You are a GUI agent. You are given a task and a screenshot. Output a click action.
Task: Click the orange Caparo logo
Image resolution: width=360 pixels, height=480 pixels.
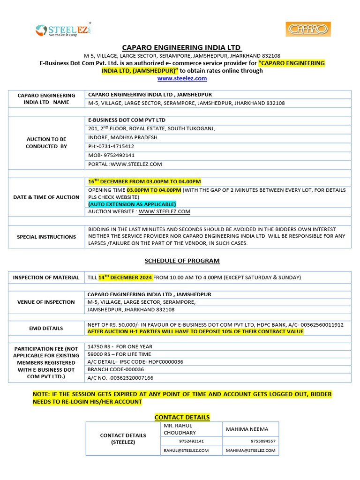[x=308, y=29]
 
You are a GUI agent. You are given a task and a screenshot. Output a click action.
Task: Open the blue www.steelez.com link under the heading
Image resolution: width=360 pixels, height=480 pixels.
[x=182, y=78]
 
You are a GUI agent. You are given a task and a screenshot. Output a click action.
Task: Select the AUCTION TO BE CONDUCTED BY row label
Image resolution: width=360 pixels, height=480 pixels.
[x=46, y=142]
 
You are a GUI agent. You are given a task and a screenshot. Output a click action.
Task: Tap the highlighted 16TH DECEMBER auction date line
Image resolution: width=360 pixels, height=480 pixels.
[x=144, y=181]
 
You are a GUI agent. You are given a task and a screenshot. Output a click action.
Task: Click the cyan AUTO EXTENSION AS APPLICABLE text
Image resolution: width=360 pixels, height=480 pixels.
[x=132, y=204]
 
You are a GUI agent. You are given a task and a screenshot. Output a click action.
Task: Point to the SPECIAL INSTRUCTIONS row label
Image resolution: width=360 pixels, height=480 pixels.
[x=46, y=237]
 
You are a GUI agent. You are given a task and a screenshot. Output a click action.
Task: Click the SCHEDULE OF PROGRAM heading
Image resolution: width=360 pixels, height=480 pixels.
[x=182, y=261]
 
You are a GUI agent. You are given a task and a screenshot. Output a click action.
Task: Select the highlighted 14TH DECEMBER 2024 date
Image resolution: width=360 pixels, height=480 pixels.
[x=125, y=277]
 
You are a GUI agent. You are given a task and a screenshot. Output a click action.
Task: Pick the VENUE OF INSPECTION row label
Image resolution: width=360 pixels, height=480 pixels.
[x=46, y=302]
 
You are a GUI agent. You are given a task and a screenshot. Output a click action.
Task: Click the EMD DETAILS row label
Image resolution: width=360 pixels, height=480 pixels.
[x=46, y=328]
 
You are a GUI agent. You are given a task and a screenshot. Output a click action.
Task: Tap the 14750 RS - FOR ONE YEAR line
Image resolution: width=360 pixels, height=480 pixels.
[x=120, y=346]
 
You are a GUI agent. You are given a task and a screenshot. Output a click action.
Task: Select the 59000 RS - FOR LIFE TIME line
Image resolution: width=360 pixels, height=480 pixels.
[x=120, y=354]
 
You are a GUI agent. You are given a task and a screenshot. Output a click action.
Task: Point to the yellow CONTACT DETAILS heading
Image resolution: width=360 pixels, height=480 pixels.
[x=182, y=417]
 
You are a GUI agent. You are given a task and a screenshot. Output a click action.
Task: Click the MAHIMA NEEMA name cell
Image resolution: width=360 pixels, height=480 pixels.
[x=247, y=429]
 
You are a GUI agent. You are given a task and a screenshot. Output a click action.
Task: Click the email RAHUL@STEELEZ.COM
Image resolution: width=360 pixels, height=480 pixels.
[x=186, y=450]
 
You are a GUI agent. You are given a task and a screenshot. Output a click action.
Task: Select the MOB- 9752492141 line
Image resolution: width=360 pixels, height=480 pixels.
[x=111, y=155]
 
